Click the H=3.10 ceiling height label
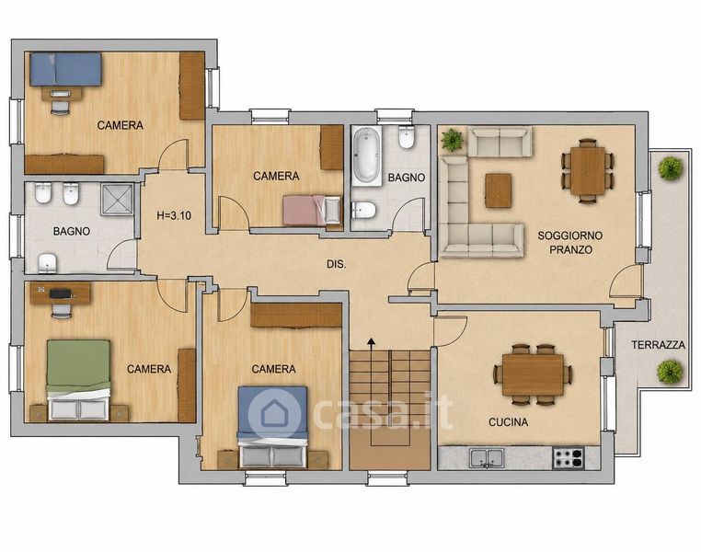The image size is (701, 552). point(174,215)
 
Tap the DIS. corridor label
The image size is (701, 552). point(336,264)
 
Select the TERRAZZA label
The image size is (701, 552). point(658,345)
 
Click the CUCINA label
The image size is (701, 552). point(509,422)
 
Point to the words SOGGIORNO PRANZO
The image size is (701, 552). point(570,242)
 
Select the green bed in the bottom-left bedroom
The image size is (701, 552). point(79,380)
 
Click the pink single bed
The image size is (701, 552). point(312,210)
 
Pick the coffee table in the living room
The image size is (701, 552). point(499,190)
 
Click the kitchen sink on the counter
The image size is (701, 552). point(487,458)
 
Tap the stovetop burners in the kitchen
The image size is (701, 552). point(569,458)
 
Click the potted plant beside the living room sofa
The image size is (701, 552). point(453,140)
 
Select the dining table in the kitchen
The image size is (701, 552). point(533,374)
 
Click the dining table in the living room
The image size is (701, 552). point(588,171)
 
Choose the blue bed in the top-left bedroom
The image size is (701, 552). point(65,69)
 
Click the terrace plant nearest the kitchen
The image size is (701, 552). point(670,371)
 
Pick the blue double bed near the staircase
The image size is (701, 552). point(272,427)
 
